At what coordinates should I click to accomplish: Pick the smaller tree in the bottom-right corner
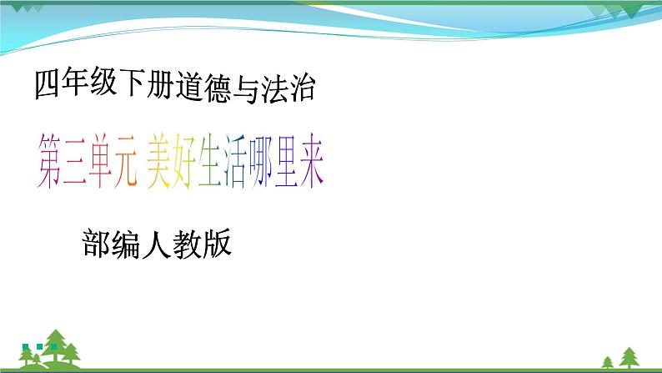pyautogui.click(x=608, y=360)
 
